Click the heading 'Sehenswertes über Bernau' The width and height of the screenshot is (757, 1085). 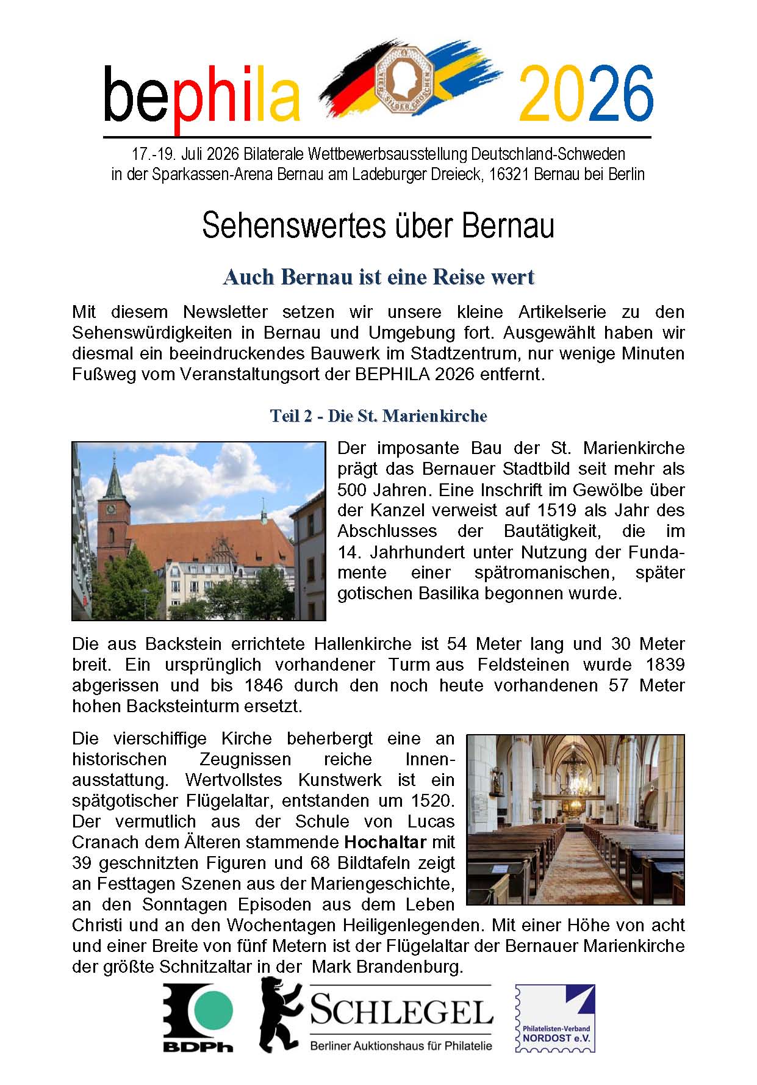pos(378,225)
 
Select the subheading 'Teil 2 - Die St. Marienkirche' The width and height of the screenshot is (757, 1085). pos(378,416)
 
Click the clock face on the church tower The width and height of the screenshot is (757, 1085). pos(111,508)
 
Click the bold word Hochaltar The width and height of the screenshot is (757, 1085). pos(385,843)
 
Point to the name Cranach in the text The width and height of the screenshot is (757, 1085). pos(105,843)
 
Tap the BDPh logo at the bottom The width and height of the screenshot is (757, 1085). pos(198,1017)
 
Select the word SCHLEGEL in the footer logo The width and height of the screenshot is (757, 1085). pos(401,1012)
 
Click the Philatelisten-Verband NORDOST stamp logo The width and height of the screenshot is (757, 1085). pos(556,1017)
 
